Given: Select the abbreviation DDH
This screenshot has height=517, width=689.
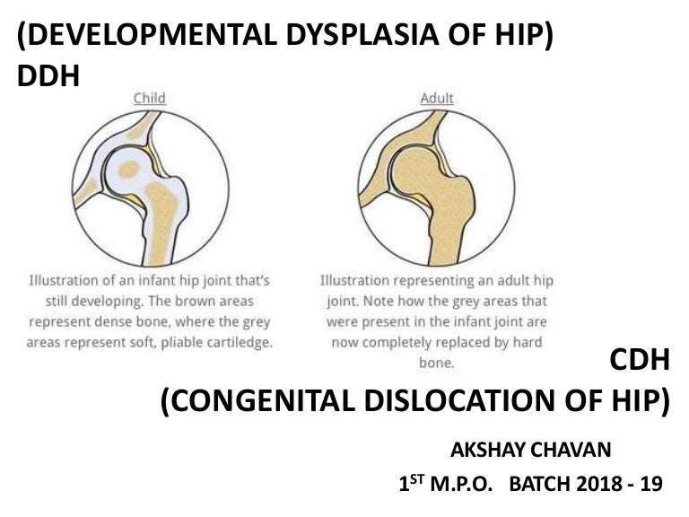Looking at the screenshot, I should click(x=48, y=77).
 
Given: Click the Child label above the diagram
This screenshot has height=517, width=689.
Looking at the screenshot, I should click(x=150, y=98).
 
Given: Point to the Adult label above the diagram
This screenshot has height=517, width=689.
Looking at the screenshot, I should click(x=437, y=98).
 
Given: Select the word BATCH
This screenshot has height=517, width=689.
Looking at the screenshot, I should click(x=540, y=486).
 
